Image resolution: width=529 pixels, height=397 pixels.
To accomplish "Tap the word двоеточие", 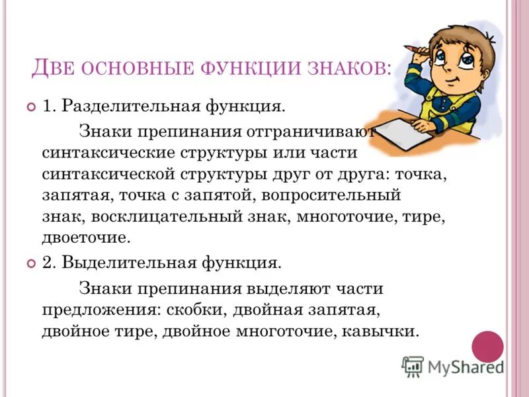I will coord(84,238).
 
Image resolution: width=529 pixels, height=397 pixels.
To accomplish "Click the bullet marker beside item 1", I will coord(30,107).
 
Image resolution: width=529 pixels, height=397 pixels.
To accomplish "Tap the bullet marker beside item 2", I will coord(30,263).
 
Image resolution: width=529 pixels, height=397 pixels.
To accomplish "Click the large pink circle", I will coord(487,347).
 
